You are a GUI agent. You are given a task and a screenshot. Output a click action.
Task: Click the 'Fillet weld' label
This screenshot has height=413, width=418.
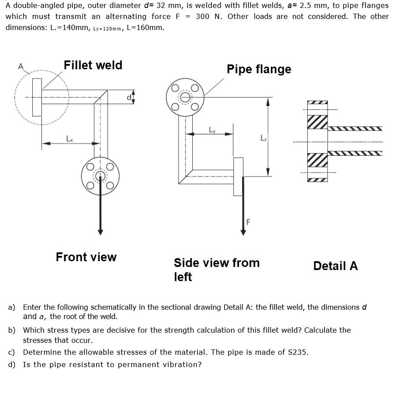93,65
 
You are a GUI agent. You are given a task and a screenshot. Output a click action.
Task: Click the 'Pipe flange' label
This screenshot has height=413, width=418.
259,69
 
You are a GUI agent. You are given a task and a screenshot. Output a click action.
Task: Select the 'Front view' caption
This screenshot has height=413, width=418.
86,257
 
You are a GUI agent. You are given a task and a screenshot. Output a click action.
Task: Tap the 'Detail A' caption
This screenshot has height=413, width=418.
335,266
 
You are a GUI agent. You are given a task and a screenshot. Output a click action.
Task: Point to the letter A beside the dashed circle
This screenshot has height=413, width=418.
20,66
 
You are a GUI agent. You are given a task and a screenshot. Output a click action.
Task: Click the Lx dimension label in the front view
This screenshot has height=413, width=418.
69,138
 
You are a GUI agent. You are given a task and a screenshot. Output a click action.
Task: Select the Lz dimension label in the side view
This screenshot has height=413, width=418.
263,139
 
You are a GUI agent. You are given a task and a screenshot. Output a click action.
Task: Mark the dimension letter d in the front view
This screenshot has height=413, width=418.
129,97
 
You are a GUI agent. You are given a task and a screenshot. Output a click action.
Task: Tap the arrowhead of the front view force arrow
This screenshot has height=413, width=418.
101,232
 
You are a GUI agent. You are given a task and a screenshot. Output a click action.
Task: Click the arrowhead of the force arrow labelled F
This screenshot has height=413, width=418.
242,232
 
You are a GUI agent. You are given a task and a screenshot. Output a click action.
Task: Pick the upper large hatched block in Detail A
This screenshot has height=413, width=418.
317,122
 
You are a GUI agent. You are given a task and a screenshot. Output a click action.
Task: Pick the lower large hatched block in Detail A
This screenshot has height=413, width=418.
317,160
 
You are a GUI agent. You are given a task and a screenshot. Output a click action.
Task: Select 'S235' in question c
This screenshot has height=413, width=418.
298,352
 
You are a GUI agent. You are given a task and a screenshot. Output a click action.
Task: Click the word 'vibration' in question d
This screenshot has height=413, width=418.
182,364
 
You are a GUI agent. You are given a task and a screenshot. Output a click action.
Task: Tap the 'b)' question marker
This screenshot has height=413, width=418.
12,330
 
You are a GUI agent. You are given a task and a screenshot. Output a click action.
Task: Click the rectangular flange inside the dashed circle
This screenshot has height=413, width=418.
37,98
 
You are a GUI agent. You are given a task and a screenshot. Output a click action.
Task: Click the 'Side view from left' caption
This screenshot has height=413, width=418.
216,270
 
